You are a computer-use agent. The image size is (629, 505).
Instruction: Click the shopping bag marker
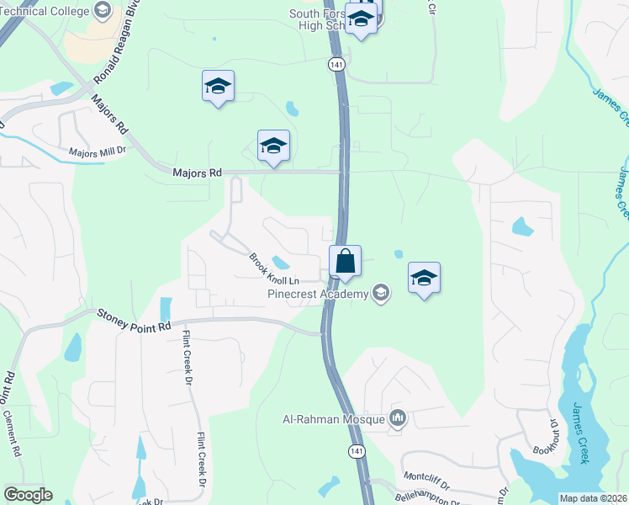(345, 261)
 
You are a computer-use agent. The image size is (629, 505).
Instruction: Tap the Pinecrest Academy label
(318, 294)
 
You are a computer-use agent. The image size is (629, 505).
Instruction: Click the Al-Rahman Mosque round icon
(398, 418)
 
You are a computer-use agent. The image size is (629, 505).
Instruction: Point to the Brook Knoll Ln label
(273, 269)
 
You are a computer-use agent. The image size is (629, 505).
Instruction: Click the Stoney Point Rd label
(134, 320)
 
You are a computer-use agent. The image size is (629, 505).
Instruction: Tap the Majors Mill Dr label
(97, 152)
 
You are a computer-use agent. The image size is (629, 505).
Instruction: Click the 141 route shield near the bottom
(358, 451)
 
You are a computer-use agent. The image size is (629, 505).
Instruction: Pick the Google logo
(28, 495)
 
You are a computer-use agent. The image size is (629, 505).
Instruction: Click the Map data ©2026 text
(593, 498)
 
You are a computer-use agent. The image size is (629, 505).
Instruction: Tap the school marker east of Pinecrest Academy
(425, 278)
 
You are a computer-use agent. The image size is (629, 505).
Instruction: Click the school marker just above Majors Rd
(273, 146)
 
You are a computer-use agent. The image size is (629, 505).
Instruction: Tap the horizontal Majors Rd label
(197, 173)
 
